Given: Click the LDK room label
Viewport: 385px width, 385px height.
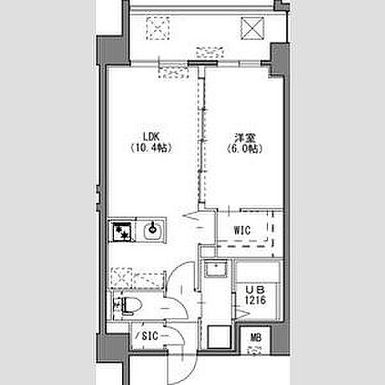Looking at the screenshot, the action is click(x=152, y=137).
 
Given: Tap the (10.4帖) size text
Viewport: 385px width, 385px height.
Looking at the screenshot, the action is click(x=151, y=148).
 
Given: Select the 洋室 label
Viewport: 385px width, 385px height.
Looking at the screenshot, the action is click(x=245, y=138).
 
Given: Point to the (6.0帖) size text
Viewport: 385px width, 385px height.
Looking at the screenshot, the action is click(x=245, y=148).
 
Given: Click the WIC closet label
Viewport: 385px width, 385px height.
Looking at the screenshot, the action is click(x=242, y=230).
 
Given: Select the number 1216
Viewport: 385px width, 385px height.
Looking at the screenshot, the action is click(x=256, y=300).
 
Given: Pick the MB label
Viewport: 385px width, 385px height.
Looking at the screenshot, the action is click(x=256, y=338).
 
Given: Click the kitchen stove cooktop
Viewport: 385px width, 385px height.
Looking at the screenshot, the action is click(x=122, y=230).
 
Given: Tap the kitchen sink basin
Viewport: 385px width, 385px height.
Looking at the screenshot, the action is click(x=152, y=230).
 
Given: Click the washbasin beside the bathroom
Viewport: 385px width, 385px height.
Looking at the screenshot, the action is click(x=215, y=269).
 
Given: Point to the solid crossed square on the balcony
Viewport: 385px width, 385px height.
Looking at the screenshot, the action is click(x=253, y=28).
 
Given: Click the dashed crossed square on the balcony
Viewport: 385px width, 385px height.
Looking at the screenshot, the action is click(x=158, y=28).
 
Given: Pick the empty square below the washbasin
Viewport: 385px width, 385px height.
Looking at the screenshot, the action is click(x=219, y=337).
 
